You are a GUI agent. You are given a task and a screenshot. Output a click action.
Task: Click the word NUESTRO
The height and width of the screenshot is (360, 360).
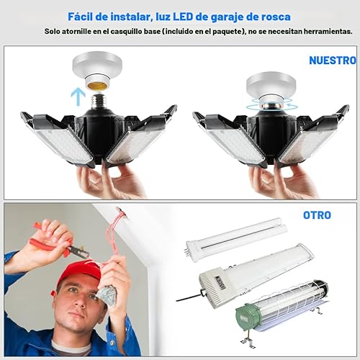pyautogui.click(x=332, y=60)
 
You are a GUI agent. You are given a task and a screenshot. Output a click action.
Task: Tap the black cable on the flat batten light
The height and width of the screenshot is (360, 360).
pyautogui.click(x=190, y=297)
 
